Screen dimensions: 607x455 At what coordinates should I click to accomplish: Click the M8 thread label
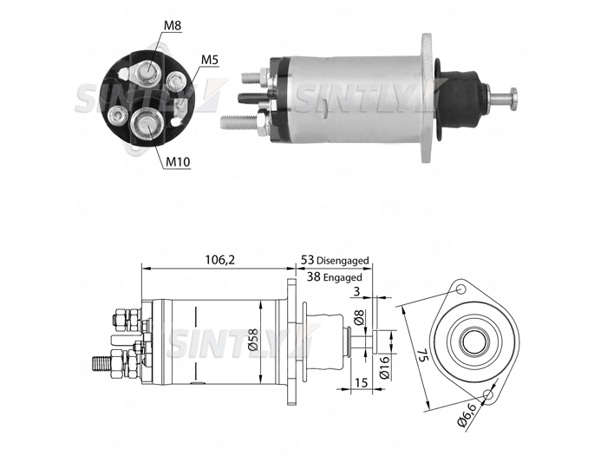pyautogui.click(x=173, y=25)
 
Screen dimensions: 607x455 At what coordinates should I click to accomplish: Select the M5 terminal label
pyautogui.click(x=210, y=60)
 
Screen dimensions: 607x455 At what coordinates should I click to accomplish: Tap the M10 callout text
pyautogui.click(x=178, y=162)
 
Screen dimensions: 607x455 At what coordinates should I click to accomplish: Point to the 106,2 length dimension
pyautogui.click(x=219, y=260)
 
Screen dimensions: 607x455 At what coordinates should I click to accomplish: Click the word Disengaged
pyautogui.click(x=343, y=260)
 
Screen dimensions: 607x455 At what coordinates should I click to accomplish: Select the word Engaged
pyautogui.click(x=343, y=277)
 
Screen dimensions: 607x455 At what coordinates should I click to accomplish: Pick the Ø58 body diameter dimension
pyautogui.click(x=253, y=340)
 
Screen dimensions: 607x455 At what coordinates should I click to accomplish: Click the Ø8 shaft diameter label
pyautogui.click(x=359, y=317)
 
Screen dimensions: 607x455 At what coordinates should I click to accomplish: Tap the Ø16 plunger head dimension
pyautogui.click(x=384, y=368)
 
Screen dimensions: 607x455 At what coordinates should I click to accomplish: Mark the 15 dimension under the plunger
pyautogui.click(x=361, y=383)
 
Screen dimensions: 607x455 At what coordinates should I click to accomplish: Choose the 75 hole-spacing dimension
pyautogui.click(x=422, y=354)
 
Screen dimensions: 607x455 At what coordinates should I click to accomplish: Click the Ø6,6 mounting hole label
pyautogui.click(x=467, y=415)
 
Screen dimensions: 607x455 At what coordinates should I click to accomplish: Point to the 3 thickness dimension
pyautogui.click(x=356, y=291)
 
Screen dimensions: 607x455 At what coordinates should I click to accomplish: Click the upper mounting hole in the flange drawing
pyautogui.click(x=460, y=289)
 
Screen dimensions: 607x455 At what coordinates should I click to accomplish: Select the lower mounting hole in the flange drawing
pyautogui.click(x=488, y=395)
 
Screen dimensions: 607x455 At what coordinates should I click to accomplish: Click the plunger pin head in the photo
pyautogui.click(x=513, y=99)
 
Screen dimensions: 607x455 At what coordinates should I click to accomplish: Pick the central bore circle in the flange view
pyautogui.click(x=474, y=341)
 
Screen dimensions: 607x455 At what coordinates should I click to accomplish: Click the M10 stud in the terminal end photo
pyautogui.click(x=147, y=124)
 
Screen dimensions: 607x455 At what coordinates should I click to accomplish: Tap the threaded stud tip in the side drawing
pyautogui.click(x=95, y=365)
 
